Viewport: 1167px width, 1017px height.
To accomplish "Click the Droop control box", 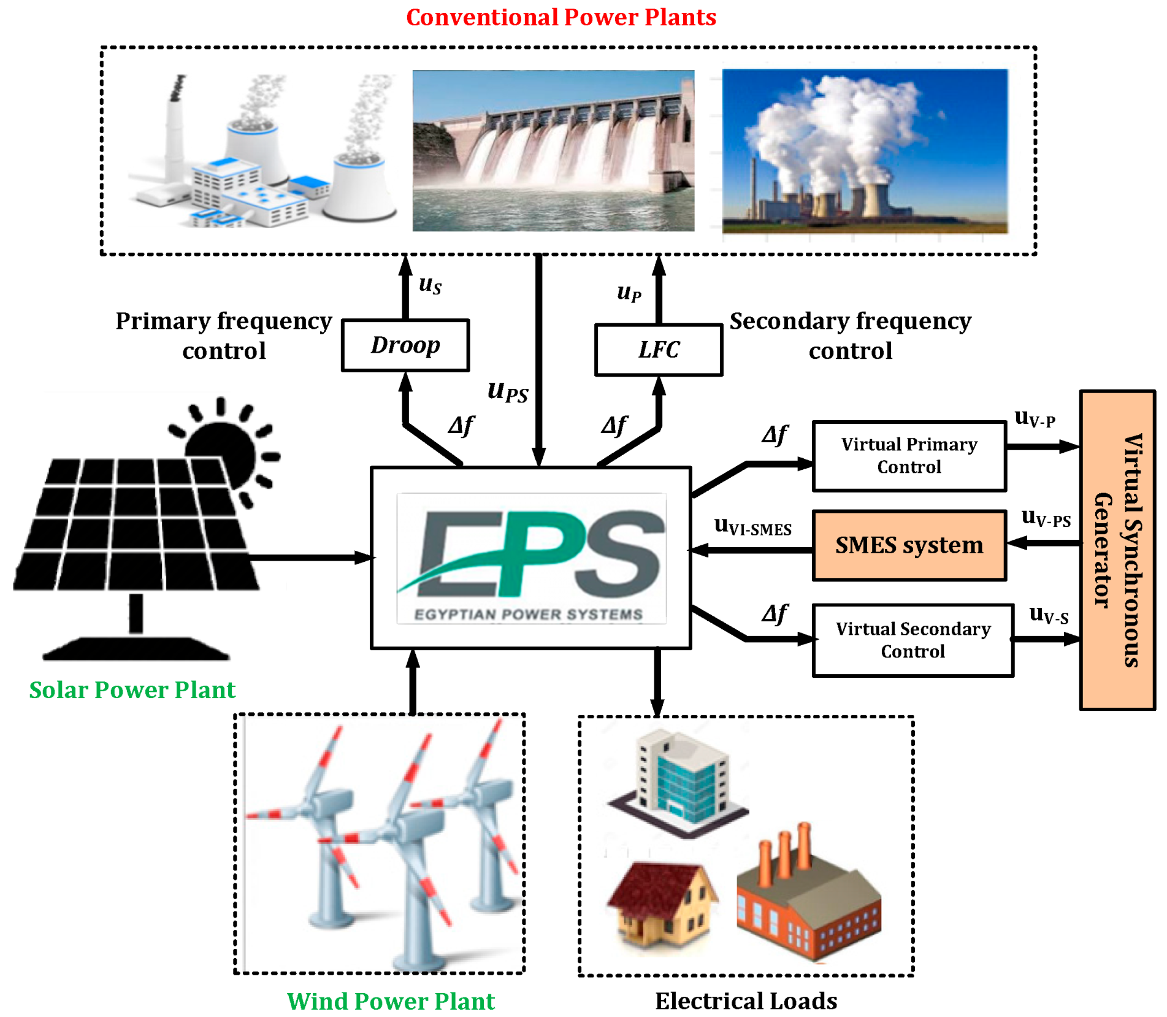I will click(x=405, y=345).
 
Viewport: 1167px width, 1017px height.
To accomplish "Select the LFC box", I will click(x=658, y=350).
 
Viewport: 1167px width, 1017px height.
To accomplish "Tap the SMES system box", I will click(x=908, y=545).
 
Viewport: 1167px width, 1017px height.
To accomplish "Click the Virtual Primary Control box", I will click(x=908, y=456).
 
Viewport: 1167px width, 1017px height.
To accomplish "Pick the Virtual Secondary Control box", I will click(x=912, y=640).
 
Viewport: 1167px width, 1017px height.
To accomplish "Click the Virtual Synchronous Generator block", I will click(x=1117, y=550).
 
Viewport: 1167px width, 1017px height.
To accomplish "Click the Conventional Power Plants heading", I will click(x=561, y=17).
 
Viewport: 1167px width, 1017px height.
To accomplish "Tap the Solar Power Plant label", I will click(x=132, y=690).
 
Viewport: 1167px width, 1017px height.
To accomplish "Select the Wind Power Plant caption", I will click(x=391, y=1001).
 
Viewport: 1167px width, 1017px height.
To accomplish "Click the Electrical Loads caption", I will click(x=746, y=1001).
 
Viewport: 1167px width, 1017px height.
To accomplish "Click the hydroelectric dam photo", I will click(x=553, y=150).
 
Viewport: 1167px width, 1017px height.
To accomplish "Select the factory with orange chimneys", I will click(x=808, y=896).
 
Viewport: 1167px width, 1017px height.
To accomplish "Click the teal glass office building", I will click(x=681, y=779).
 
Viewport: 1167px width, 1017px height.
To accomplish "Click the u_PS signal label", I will click(x=507, y=391).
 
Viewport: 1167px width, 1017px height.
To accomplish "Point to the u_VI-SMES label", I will click(x=752, y=526).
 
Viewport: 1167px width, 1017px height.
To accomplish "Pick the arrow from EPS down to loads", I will click(x=657, y=681).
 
